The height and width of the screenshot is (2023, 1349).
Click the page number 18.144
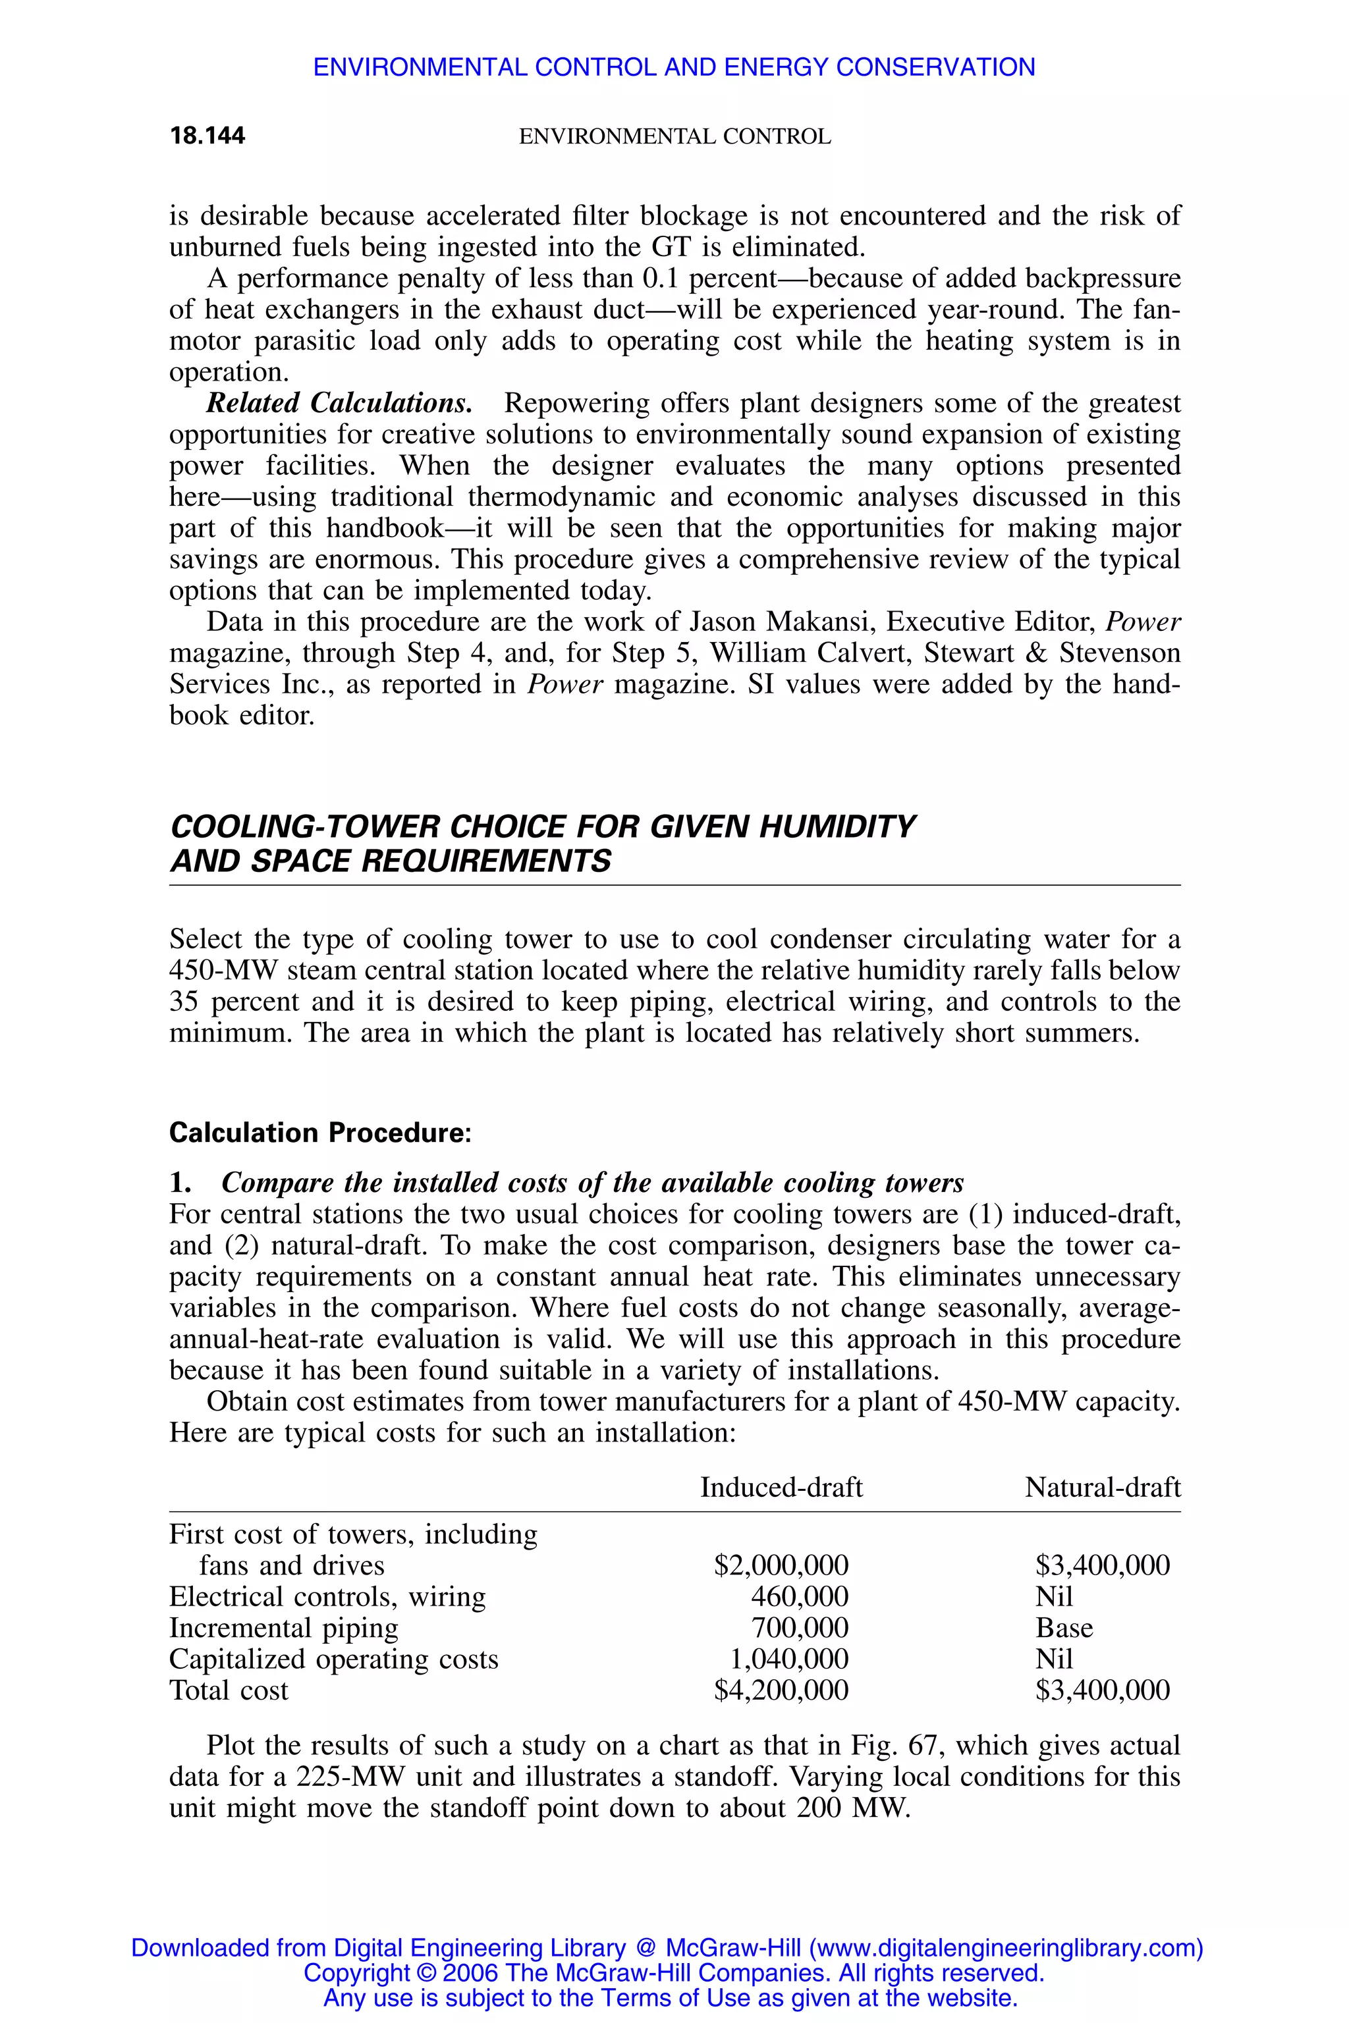[207, 136]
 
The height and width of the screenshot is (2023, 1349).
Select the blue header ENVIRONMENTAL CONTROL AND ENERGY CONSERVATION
[674, 67]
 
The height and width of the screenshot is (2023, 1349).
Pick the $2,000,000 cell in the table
[781, 1565]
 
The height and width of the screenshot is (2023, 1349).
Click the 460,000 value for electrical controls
[799, 1596]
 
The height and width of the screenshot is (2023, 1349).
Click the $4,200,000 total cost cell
[781, 1690]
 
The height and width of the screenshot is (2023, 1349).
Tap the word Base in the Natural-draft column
[1064, 1627]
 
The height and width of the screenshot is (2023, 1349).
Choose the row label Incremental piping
[284, 1627]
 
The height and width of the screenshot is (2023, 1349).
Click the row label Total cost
[229, 1690]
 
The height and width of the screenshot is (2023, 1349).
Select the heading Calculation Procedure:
[320, 1133]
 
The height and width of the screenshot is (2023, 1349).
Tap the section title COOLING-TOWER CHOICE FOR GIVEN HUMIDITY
[542, 826]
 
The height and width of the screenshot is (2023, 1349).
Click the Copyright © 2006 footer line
[674, 1972]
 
